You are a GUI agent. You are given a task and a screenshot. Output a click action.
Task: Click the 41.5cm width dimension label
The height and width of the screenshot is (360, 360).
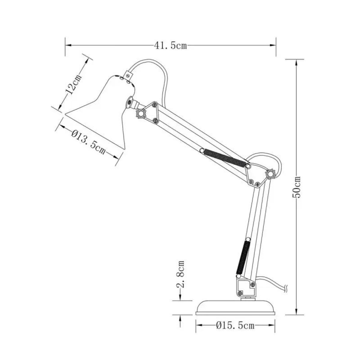coord(170,46)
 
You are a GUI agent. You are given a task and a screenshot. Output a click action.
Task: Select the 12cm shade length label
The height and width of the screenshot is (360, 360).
coord(72,85)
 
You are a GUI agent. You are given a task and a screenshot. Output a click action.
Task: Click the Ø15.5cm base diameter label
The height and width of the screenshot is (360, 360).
coord(235,325)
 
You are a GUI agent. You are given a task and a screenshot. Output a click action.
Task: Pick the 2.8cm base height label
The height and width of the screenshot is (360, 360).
coord(180,274)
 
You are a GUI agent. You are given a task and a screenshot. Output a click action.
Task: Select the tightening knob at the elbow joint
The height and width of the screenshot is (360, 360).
coord(270,174)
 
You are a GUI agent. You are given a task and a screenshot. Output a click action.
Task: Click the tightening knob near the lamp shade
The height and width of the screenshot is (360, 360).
coord(141,114)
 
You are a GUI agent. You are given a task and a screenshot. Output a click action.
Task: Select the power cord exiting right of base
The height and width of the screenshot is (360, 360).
coord(273,283)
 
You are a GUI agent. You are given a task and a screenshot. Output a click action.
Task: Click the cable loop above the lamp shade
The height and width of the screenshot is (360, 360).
coord(150,63)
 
